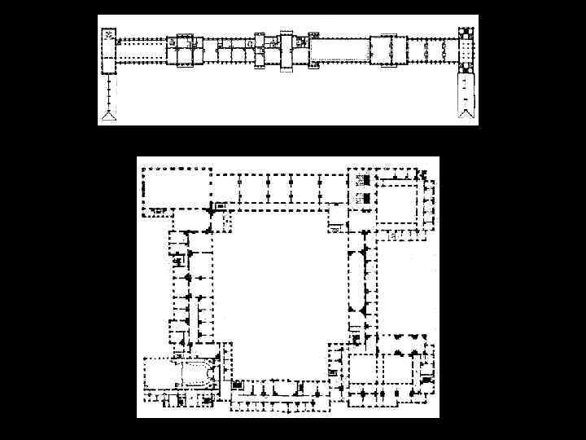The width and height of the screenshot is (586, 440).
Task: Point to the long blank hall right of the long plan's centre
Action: click(338, 51)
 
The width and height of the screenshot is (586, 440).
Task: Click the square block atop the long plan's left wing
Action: click(108, 41)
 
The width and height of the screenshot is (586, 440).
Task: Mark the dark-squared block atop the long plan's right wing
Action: click(466, 36)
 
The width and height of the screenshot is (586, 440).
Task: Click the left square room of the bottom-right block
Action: click(365, 372)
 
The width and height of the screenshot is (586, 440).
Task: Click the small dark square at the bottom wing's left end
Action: click(238, 385)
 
